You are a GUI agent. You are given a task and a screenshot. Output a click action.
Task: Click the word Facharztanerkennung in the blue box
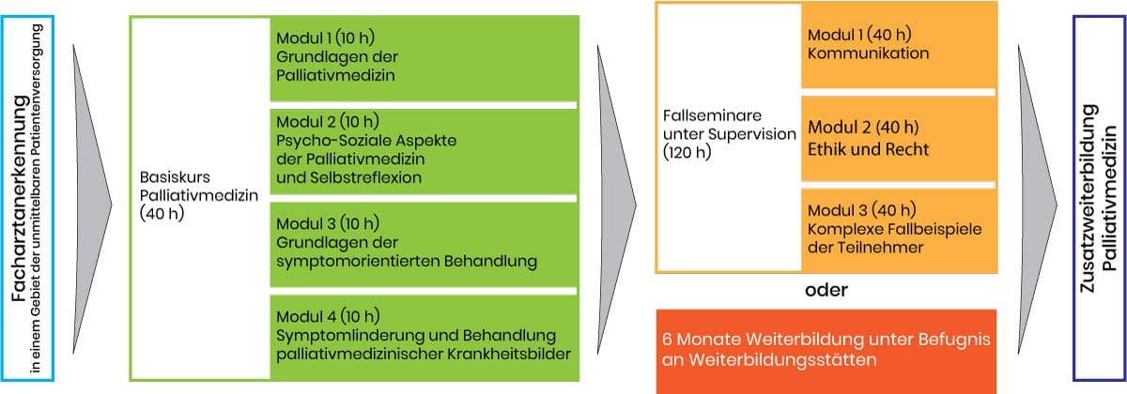pyautogui.click(x=19, y=199)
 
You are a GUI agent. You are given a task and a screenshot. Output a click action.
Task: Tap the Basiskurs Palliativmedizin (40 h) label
pyautogui.click(x=199, y=195)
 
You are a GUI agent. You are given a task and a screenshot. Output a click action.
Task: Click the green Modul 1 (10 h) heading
pyautogui.click(x=326, y=38)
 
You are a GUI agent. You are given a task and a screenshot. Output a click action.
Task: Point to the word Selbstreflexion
pyautogui.click(x=365, y=177)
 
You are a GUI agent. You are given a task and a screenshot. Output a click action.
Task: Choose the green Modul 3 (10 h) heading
pyautogui.click(x=328, y=223)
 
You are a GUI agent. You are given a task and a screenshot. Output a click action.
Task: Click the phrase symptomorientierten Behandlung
pyautogui.click(x=407, y=262)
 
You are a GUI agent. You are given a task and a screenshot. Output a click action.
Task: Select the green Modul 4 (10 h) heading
pyautogui.click(x=328, y=317)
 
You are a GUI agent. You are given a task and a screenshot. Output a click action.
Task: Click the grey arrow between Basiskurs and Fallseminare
pyautogui.click(x=615, y=200)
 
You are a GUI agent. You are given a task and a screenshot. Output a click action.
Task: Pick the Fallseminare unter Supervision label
pyautogui.click(x=730, y=125)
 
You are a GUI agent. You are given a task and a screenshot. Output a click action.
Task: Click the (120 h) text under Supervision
pyautogui.click(x=687, y=152)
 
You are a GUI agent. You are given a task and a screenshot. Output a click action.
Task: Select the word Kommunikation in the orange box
pyautogui.click(x=869, y=53)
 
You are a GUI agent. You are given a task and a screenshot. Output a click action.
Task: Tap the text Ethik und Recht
pyautogui.click(x=869, y=149)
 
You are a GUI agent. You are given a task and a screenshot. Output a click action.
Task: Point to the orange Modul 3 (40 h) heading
pyautogui.click(x=862, y=210)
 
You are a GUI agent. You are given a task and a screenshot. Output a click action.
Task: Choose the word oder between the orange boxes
pyautogui.click(x=826, y=290)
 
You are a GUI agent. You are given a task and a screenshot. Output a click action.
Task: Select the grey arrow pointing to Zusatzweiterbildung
pyautogui.click(x=1038, y=200)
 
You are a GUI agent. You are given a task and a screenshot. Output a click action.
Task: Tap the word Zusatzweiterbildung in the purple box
pyautogui.click(x=1088, y=199)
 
